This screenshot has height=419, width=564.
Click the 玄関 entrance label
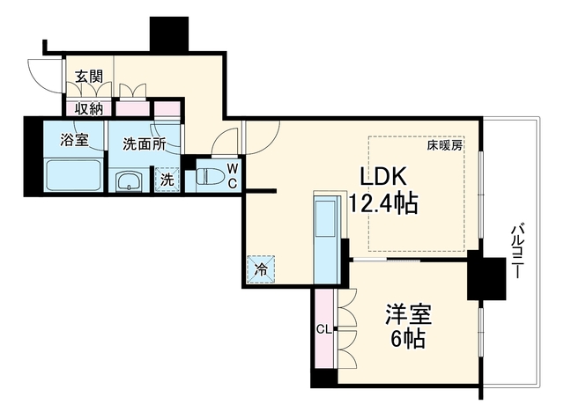89,77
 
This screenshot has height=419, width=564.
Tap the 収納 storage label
89,108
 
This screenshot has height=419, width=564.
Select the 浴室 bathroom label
74,140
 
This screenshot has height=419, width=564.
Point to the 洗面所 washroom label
145,143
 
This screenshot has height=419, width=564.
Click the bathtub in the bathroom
74,175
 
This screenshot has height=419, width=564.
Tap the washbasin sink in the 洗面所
129,182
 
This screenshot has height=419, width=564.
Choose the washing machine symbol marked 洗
167,180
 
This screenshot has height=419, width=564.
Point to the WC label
233,176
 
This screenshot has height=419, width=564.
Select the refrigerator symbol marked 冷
261,269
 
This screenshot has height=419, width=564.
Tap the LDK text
383,176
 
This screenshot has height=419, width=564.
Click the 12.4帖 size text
383,203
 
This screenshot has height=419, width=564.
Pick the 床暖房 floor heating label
444,145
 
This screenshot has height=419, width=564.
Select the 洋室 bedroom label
409,314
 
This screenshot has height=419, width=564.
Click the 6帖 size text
408,339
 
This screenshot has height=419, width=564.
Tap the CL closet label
323,329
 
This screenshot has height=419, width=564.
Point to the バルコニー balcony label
517,251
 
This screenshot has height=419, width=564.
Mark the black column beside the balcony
486,276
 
